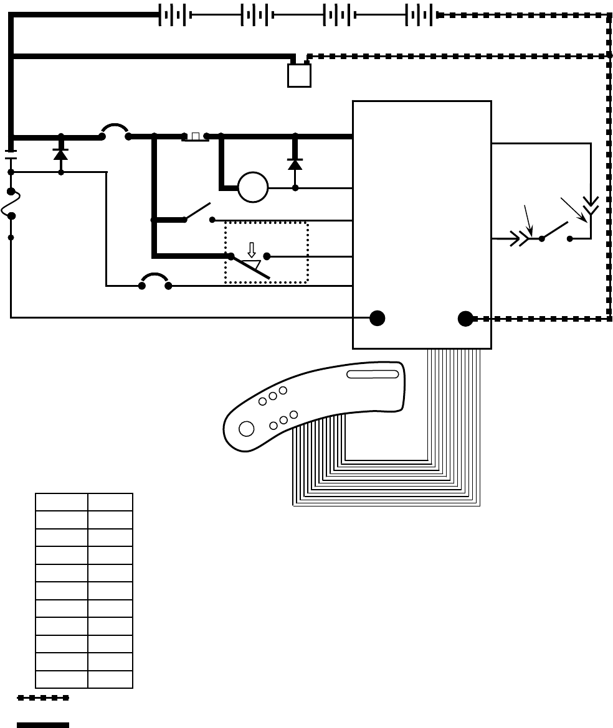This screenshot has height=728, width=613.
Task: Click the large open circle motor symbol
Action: point(253,187)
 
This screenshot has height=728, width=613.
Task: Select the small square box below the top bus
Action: point(299,75)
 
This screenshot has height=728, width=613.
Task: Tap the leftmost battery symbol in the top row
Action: point(174,15)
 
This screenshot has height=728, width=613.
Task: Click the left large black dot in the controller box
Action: point(377,318)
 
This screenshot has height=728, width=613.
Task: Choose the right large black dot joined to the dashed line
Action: point(465,319)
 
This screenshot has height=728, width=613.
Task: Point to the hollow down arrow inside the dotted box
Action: point(252,250)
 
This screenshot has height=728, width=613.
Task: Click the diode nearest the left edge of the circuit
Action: point(60,154)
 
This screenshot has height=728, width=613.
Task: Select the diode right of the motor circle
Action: point(295,164)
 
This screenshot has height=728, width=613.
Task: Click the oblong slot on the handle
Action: point(373,374)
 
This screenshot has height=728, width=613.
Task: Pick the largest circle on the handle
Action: point(247,429)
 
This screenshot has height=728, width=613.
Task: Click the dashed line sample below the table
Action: point(43,698)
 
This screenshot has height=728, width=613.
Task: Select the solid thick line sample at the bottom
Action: point(43,724)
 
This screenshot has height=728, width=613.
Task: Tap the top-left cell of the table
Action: point(61,502)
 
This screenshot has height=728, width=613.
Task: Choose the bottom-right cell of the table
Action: point(110,679)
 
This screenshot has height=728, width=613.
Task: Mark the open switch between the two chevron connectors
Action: point(556,231)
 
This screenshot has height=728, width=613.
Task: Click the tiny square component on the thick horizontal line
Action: point(196,136)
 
